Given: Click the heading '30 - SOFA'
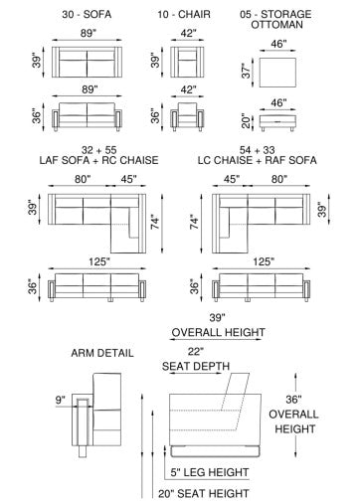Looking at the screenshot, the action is [87, 14].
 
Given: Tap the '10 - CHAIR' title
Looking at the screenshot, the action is [184, 14].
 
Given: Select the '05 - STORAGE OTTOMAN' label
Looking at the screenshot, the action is [276, 19].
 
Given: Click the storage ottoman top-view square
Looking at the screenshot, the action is [277, 73].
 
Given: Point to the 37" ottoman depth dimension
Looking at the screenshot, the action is [246, 71].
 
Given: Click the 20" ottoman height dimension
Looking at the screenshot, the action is [246, 121].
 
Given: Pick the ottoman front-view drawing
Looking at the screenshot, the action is [277, 122].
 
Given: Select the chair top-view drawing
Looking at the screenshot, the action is [187, 62].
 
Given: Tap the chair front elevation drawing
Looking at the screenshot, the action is [187, 116].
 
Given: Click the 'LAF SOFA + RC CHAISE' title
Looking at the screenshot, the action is [98, 160].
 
